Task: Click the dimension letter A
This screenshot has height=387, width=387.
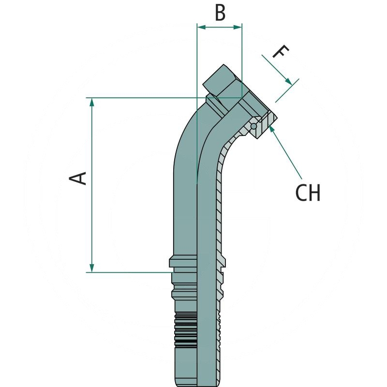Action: coord(79,178)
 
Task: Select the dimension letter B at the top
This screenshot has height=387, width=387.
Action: coord(220,13)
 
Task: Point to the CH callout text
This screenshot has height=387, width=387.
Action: coord(308,193)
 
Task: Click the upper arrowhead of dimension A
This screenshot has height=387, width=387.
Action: coord(91,102)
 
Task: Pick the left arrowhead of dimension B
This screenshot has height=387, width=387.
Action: coord(201,28)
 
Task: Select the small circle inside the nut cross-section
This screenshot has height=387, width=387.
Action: coord(253,126)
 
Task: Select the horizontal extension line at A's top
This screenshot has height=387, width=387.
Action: coord(145,98)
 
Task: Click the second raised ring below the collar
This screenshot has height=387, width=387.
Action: coord(183,293)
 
